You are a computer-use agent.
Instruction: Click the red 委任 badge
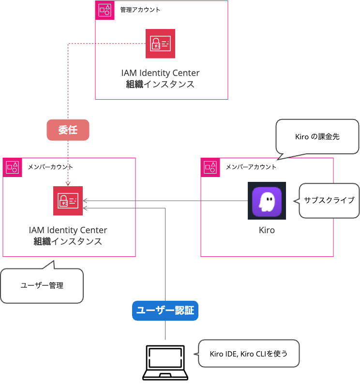68,130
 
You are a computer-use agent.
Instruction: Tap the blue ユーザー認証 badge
165,311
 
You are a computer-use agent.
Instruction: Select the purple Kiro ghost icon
267,201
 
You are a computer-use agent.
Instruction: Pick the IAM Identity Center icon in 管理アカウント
160,44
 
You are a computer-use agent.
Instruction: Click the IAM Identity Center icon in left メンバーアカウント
68,201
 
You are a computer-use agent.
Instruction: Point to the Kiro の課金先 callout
317,137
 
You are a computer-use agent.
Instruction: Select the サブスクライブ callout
329,200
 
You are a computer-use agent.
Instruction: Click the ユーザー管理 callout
42,285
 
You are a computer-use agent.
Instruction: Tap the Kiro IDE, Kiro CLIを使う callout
249,354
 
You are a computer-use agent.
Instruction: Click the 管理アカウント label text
140,10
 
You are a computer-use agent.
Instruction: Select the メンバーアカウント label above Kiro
251,167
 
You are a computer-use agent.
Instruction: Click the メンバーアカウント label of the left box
53,167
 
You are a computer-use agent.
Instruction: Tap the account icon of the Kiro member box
210,167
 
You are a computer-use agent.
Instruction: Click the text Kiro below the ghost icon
267,230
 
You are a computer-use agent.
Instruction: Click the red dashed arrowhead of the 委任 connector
68,184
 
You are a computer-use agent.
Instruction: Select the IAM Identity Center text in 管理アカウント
160,73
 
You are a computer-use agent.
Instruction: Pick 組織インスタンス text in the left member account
68,241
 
